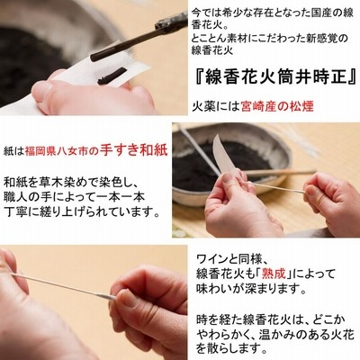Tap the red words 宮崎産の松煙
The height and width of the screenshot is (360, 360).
point(277,107)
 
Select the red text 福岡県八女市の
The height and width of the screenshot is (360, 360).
point(62,150)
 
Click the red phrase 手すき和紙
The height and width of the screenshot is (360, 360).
point(134,150)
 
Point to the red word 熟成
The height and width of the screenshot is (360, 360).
point(273,274)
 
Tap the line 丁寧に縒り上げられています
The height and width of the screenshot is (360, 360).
point(82,212)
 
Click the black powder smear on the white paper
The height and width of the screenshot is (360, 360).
point(112,76)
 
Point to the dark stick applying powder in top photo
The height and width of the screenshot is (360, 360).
point(138,38)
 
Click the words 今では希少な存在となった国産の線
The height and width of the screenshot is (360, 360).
point(273,13)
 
